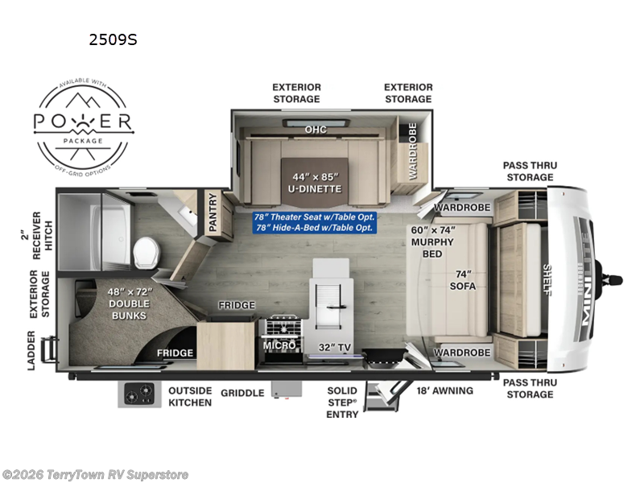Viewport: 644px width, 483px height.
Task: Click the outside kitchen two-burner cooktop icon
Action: (140, 394)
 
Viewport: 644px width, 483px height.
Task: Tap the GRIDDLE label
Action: (242, 393)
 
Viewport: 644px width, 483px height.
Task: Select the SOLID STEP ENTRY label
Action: (342, 402)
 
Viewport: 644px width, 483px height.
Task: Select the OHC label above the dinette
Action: (315, 129)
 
